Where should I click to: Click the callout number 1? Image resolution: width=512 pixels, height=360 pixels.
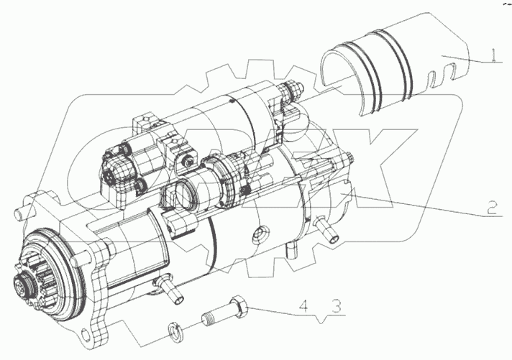(x=494, y=55)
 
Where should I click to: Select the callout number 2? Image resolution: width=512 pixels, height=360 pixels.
(x=492, y=208)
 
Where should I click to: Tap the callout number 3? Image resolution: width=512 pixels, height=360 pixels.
(x=337, y=307)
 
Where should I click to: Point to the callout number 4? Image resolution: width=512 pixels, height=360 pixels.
(x=303, y=307)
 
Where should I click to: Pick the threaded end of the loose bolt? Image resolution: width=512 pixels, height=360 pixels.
(x=207, y=318)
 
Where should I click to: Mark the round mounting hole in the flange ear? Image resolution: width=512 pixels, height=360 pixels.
(x=84, y=335)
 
